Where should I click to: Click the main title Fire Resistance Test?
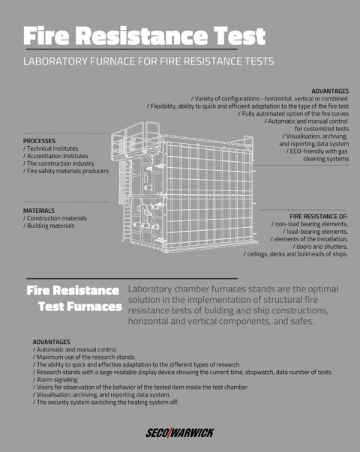pyautogui.click(x=143, y=35)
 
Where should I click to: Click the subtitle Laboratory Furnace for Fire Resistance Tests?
pyautogui.click(x=148, y=60)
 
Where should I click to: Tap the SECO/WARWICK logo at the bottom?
pyautogui.click(x=180, y=433)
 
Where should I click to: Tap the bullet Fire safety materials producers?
pyautogui.click(x=66, y=171)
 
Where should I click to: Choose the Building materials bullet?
pyautogui.click(x=49, y=226)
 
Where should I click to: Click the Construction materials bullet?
pyautogui.click(x=55, y=218)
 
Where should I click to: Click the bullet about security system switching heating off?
pyautogui.click(x=106, y=403)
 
